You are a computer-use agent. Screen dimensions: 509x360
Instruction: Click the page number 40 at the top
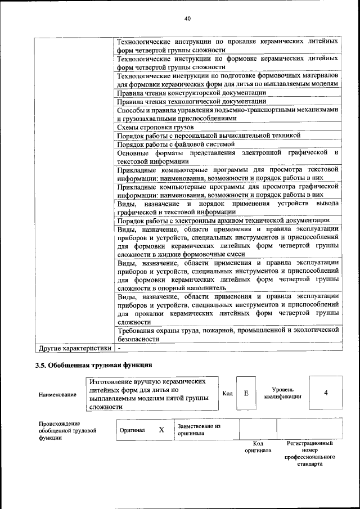[187, 19]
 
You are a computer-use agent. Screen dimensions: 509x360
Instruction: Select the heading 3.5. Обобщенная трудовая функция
[93, 366]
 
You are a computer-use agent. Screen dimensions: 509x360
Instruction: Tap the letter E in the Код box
[246, 393]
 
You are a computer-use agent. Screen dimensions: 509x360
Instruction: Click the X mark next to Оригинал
[161, 430]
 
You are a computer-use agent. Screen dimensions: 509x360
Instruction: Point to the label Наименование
[57, 395]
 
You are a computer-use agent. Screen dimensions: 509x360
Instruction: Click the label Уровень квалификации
[282, 393]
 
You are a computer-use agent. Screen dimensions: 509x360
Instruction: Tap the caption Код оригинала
[258, 447]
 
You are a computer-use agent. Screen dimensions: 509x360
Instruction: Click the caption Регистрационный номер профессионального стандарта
[310, 454]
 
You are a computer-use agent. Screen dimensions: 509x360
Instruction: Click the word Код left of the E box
[227, 393]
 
